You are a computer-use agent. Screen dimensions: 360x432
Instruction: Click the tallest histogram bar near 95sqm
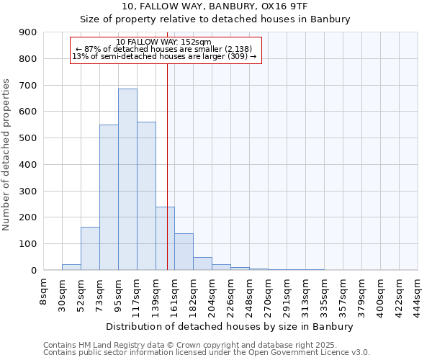[x=127, y=179]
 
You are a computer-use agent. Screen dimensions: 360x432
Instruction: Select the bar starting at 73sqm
[x=109, y=197]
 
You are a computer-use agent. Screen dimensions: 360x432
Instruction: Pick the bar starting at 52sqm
[x=90, y=248]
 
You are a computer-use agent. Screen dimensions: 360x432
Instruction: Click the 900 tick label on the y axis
[x=28, y=32]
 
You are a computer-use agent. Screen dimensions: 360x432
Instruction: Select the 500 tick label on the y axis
[x=28, y=138]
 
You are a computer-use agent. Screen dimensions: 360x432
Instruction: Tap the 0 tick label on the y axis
[x=34, y=270]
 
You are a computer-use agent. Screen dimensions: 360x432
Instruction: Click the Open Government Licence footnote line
[x=206, y=352]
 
